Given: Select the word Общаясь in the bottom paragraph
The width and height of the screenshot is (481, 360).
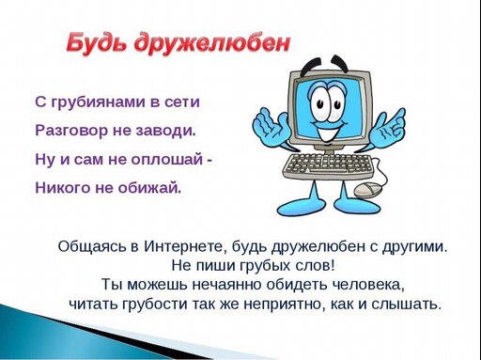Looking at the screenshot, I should (x=91, y=247).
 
